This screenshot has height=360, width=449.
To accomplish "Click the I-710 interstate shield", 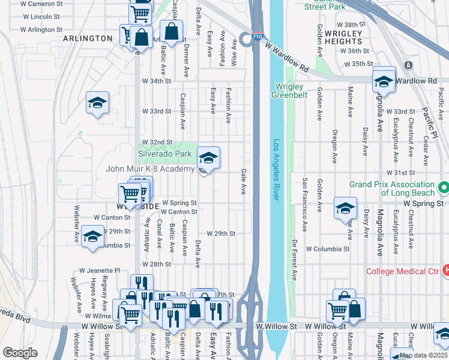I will tap(258, 37).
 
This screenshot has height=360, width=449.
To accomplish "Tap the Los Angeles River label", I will tap(277, 171).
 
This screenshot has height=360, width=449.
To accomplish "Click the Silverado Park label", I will tap(165, 154).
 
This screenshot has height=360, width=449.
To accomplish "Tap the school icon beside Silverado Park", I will tap(208, 158).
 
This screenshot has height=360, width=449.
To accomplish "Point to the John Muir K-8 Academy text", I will tap(150, 169).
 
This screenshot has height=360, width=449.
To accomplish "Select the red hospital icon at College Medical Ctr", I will tap(445, 271).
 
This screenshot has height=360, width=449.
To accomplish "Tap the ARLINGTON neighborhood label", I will tap(88, 38).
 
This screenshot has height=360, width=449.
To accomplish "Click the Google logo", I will tap(19, 352).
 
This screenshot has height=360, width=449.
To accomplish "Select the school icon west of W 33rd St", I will tap(97, 103).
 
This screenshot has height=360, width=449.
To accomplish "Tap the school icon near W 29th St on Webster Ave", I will tap(93, 236).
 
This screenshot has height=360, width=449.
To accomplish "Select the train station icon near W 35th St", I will tap(408, 65).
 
